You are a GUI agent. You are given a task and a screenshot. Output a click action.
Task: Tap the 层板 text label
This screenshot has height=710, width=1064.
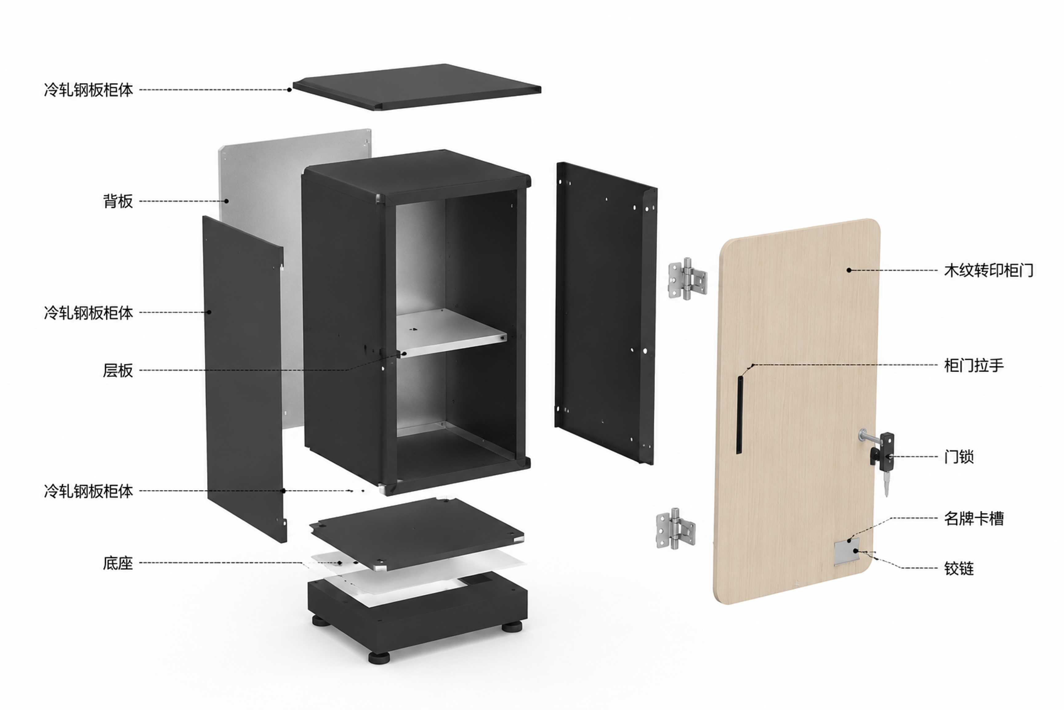pos(118,370)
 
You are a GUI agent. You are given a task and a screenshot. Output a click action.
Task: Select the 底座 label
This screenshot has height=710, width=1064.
pos(118,563)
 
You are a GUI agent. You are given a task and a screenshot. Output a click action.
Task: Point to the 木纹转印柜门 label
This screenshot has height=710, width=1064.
pos(989,270)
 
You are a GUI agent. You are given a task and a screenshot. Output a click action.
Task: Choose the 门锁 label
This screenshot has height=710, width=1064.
pos(959,456)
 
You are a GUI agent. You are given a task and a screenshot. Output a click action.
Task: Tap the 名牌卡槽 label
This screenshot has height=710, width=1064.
pos(974,518)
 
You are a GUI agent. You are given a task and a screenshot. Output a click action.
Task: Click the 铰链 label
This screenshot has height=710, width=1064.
pos(959,568)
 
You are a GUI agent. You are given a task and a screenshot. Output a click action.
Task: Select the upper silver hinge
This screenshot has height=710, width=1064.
pos(687,279)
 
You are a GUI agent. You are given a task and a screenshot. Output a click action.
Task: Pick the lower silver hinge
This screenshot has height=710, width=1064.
pos(675,529)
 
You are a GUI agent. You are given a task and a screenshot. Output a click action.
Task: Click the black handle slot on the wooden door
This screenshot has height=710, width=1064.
pos(740,414)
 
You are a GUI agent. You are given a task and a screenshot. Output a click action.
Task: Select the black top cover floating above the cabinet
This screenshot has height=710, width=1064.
pos(417,87)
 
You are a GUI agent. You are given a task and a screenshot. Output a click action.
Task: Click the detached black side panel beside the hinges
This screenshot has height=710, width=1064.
pos(606,313)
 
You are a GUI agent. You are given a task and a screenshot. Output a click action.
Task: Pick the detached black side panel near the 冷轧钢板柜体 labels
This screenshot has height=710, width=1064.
pos(244,379)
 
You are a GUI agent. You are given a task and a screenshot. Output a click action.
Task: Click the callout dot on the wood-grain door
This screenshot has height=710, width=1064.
pos(849,270)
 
